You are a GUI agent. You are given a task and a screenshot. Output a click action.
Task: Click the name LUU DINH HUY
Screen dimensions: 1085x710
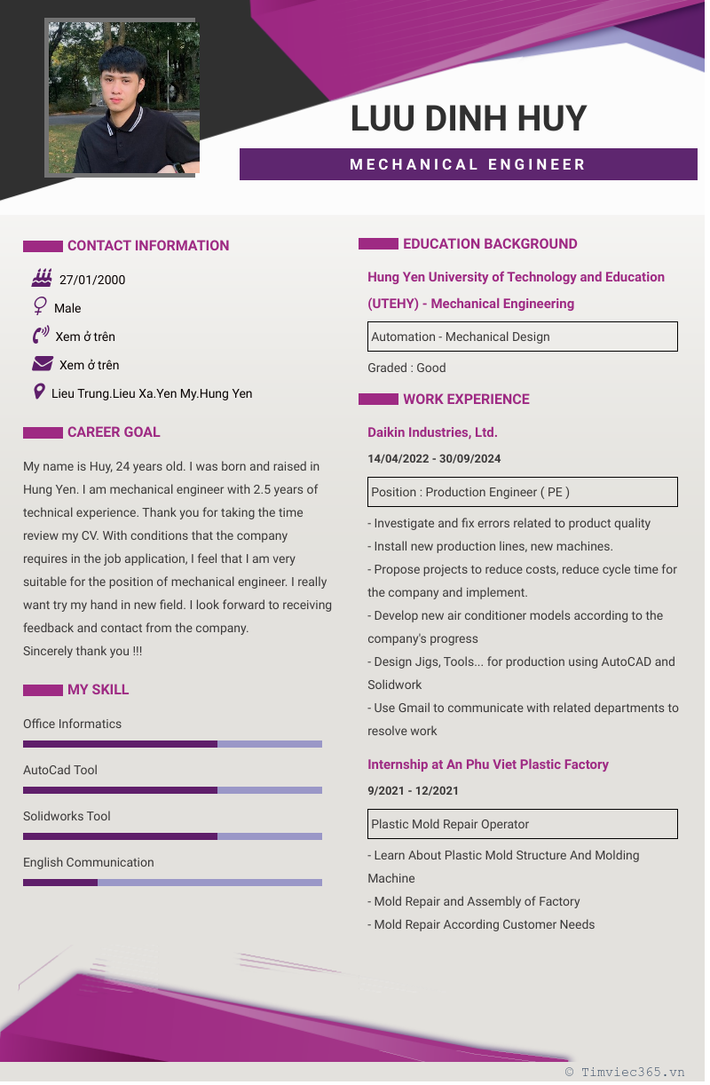coord(469,119)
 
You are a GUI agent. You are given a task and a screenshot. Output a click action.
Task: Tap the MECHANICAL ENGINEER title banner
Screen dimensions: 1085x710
coord(468,164)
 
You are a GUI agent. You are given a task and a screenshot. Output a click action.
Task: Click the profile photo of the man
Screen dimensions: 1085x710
coord(122,98)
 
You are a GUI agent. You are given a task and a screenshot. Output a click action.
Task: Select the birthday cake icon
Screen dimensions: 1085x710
coord(41,278)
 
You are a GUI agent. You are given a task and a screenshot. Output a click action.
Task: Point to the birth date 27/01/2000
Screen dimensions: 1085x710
coord(92,280)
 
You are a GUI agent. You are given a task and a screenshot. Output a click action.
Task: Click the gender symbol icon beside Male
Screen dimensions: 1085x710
coord(40,307)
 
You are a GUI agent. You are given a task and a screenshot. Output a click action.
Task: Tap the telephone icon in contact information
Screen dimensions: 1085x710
coord(41,336)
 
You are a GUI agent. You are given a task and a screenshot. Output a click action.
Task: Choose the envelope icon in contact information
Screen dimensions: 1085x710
coord(42,364)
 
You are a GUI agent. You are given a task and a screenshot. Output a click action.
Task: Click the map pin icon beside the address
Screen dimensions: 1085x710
coord(39,392)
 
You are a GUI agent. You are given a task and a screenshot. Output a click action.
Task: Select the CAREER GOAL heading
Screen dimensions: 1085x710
coord(114,432)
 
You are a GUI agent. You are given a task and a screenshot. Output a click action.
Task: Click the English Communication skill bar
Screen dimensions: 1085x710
coord(172,883)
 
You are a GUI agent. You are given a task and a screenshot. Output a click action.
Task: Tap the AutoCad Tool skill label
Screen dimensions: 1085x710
coord(60,770)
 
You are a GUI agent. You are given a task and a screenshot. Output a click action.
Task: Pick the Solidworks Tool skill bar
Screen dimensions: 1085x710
coord(172,836)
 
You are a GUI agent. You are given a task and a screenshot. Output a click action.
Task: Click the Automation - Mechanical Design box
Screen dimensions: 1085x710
coord(523,337)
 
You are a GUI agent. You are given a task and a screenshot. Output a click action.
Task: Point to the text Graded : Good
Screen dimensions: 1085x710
coord(406,368)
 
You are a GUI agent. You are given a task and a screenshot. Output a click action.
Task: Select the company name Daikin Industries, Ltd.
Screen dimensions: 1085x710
coord(432,432)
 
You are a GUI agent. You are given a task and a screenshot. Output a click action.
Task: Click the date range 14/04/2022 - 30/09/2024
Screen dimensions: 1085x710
coord(434,459)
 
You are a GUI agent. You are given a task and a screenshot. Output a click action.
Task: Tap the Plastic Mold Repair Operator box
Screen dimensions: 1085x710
coord(523,824)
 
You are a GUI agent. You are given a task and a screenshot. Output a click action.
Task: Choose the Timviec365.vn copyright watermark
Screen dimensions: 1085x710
coord(626,1072)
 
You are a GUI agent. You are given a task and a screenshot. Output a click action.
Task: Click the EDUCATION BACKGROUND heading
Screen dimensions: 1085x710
coord(490,244)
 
